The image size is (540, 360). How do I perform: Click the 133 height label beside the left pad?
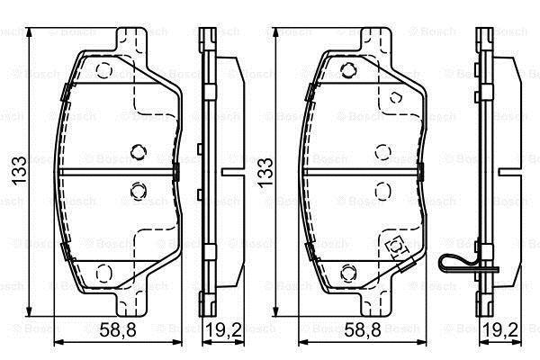point(19,171)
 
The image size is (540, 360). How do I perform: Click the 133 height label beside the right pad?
point(265,173)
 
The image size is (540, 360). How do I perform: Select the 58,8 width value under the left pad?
point(118,330)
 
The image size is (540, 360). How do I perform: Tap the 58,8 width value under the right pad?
point(363,330)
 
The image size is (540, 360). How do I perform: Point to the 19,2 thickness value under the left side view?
point(223,330)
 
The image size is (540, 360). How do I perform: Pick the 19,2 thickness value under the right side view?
point(500,330)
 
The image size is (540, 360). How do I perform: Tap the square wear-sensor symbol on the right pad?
point(396,246)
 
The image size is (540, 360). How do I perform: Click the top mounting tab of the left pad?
point(132,41)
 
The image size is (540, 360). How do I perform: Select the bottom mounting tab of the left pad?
point(132,303)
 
